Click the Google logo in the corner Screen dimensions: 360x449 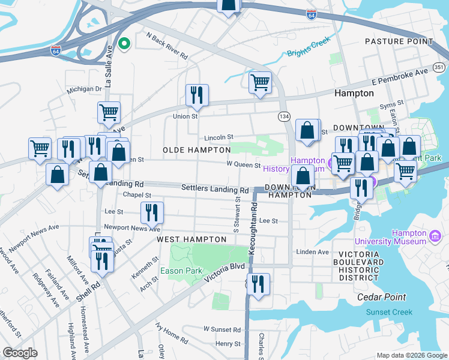click(19, 353)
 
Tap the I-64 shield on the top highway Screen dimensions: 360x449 click(311, 15)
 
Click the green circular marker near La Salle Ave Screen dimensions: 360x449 click(125, 43)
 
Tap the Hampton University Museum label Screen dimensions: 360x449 click(390, 237)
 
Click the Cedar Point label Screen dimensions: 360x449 click(381, 297)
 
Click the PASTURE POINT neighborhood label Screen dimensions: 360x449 click(399, 41)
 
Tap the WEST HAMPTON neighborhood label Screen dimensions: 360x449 click(191, 239)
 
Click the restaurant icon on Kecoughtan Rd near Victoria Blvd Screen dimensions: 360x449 click(258, 284)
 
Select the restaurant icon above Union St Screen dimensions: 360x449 click(197, 94)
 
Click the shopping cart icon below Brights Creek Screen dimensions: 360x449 click(260, 82)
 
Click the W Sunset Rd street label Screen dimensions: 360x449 click(221, 329)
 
